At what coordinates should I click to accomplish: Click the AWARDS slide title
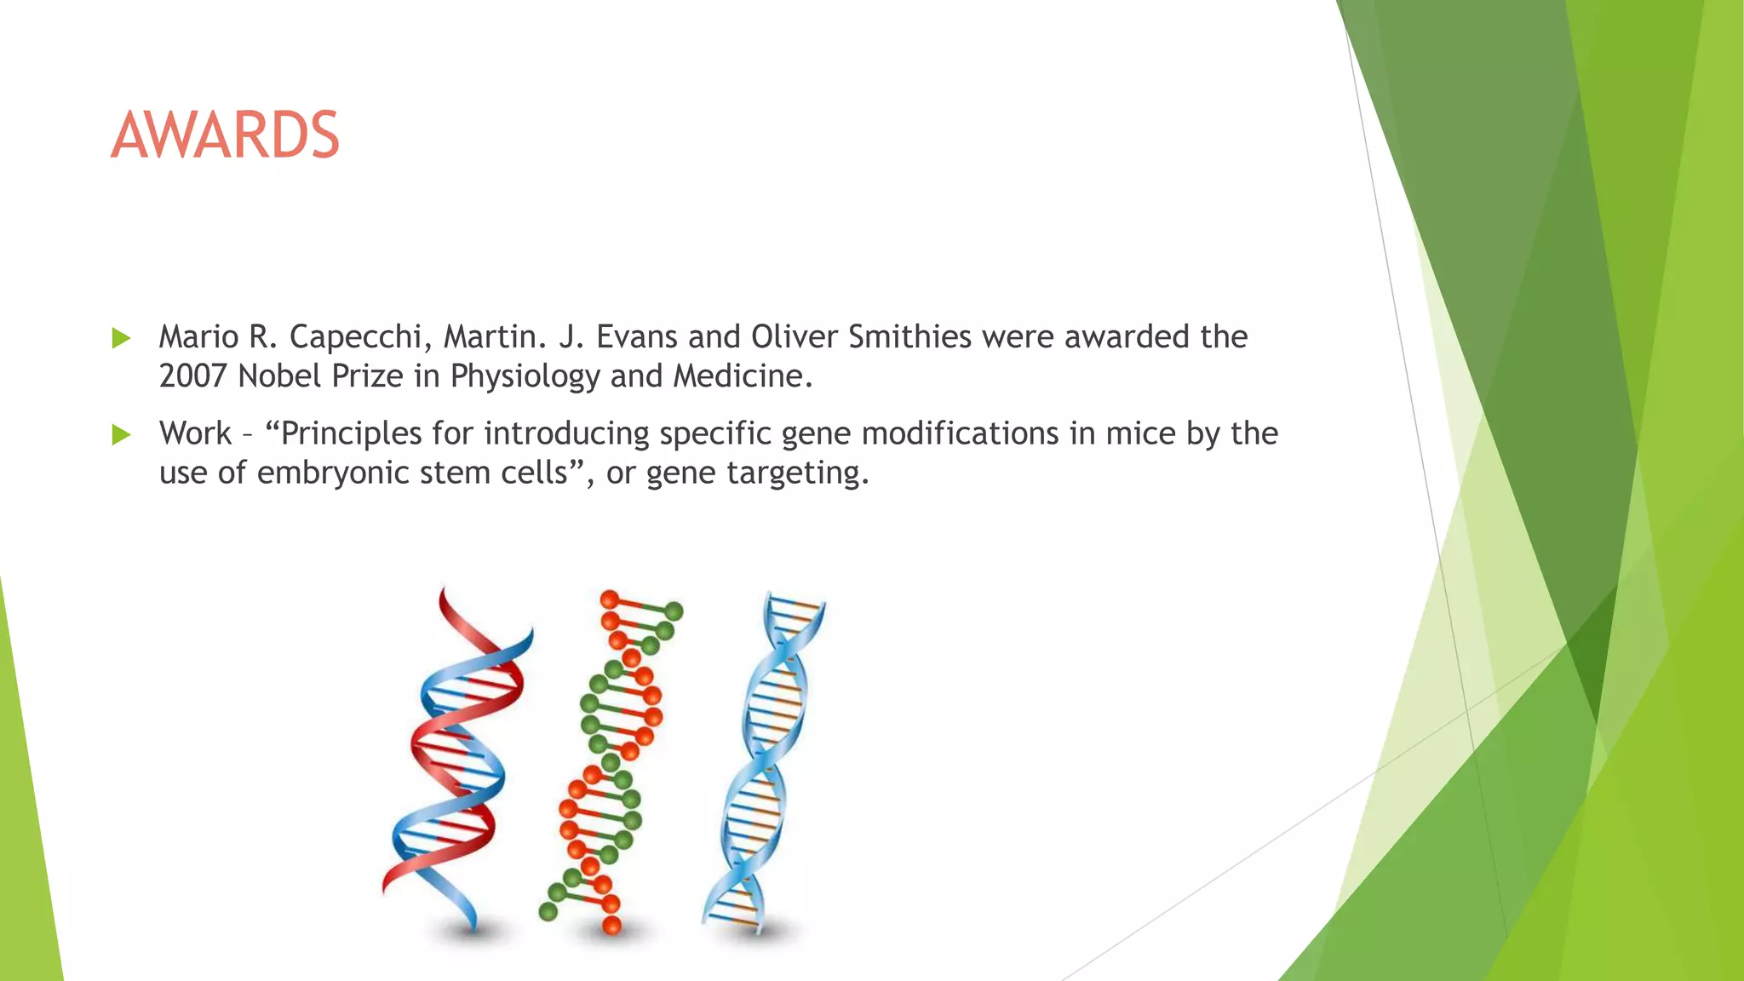225,135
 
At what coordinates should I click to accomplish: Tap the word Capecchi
355,337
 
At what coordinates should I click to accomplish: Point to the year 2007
193,376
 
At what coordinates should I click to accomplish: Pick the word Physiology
525,376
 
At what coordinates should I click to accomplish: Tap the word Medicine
742,376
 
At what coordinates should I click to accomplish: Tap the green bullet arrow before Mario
121,339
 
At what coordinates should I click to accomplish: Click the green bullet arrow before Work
121,435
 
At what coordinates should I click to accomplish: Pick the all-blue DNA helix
762,758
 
